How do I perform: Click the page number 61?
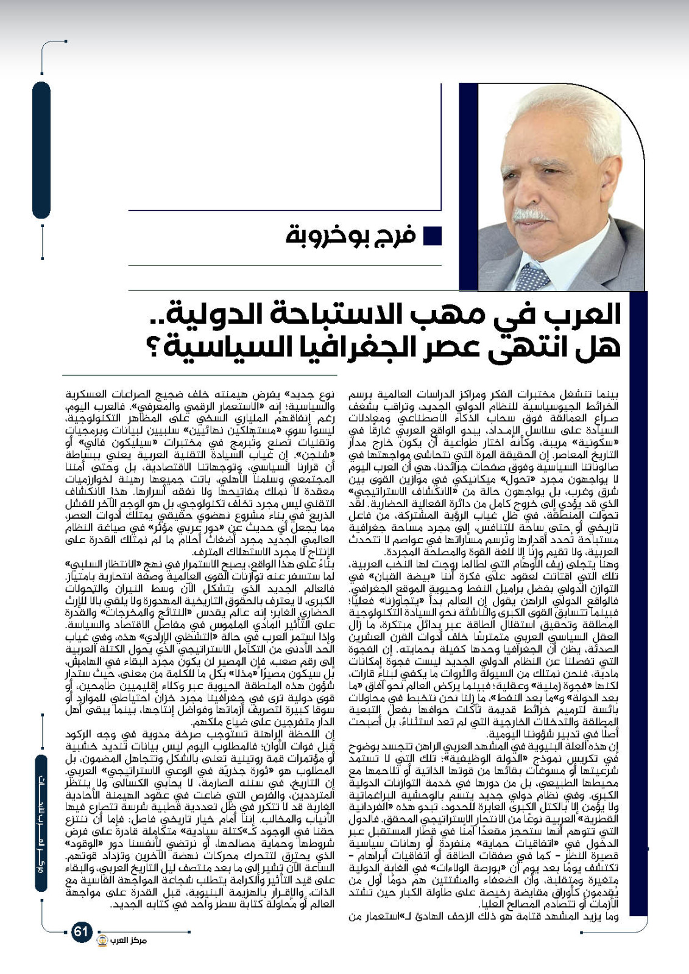click(82, 948)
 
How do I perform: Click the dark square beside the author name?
click(433, 236)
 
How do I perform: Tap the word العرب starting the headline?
click(585, 315)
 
